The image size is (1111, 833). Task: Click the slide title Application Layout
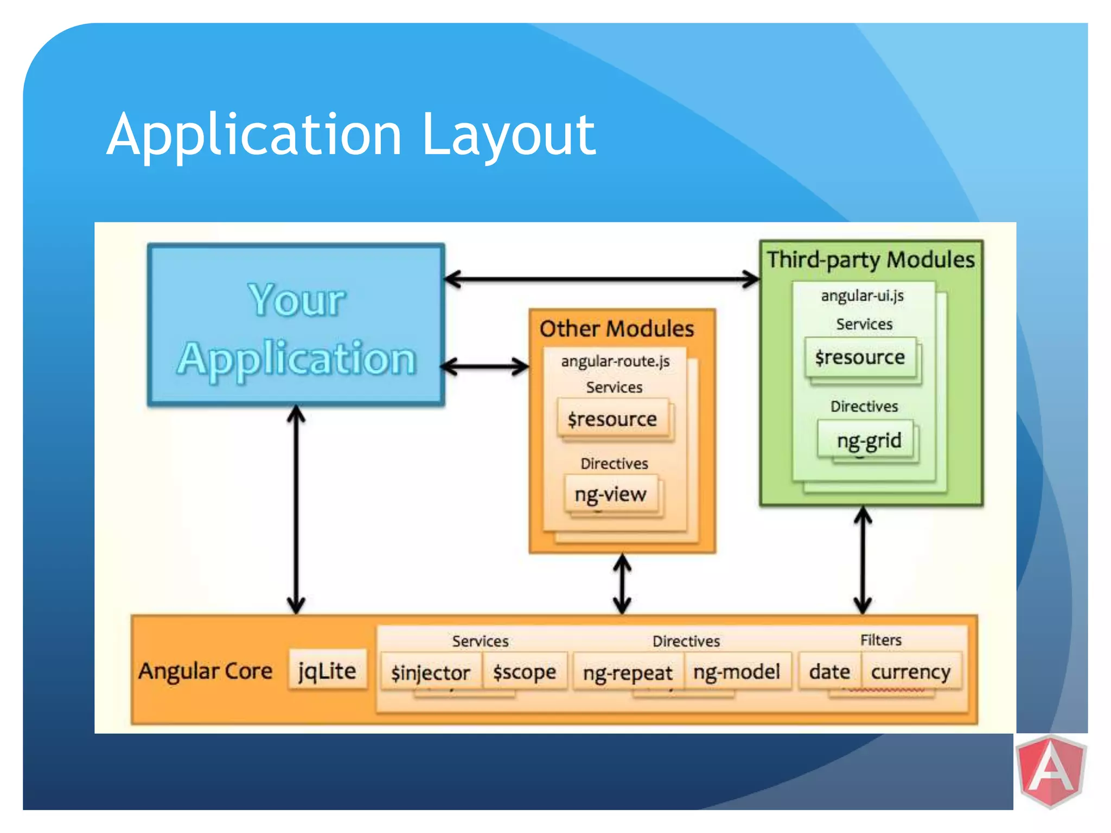click(351, 134)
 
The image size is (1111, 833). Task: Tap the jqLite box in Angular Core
click(327, 671)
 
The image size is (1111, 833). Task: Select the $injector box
click(431, 672)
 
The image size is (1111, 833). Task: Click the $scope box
click(524, 672)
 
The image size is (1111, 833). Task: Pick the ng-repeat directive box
click(628, 672)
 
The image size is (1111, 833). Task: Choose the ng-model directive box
click(737, 672)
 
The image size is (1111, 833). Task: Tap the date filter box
click(829, 671)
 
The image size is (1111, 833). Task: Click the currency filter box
click(910, 671)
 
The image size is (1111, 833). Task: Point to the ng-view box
click(611, 494)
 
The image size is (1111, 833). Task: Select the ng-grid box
click(869, 440)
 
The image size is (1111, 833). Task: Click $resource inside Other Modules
click(612, 419)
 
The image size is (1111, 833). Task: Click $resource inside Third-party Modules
click(860, 357)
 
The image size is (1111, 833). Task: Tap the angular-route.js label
click(615, 361)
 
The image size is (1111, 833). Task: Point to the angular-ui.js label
click(862, 296)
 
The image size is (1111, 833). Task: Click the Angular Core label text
click(205, 671)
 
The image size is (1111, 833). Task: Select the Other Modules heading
click(617, 329)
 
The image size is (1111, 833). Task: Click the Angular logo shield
click(1051, 770)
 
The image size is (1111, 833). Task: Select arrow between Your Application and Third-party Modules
click(601, 279)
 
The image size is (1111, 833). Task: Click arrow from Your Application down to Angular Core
click(296, 510)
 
